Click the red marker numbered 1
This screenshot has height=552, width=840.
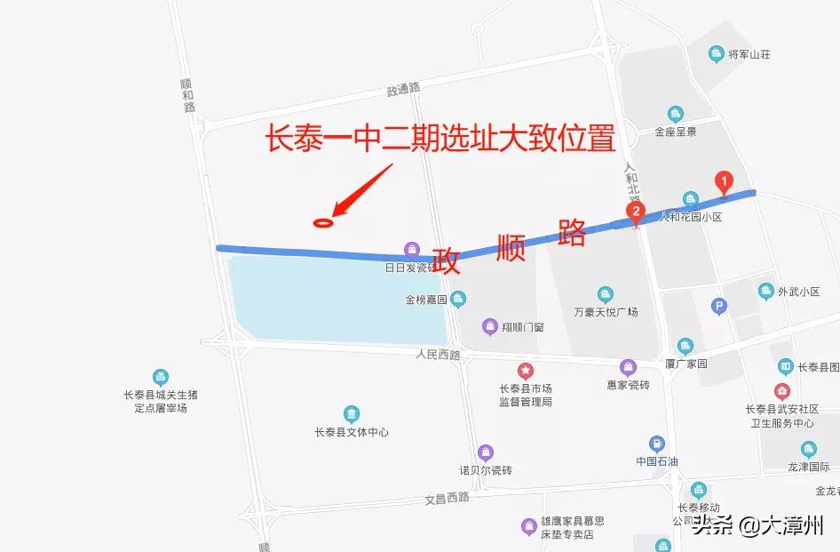[724, 183]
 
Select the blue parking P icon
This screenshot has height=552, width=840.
[719, 308]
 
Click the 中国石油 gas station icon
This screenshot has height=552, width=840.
[656, 444]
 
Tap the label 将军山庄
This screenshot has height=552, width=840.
[749, 55]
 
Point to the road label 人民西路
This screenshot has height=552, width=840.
[438, 354]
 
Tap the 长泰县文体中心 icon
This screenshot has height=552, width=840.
[352, 414]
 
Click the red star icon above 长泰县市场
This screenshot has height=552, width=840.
[526, 370]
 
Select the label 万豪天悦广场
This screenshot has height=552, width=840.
[606, 312]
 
